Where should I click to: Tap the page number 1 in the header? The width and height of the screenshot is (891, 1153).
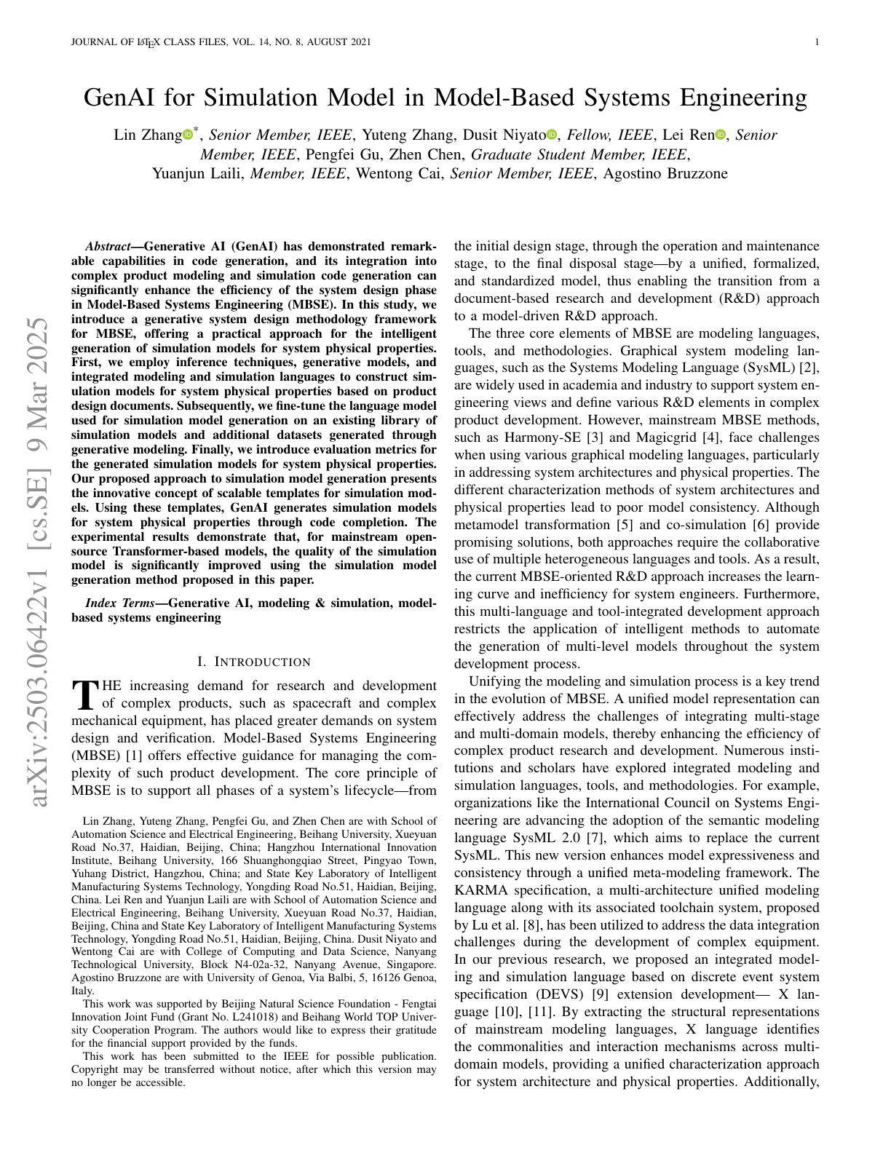pyautogui.click(x=817, y=42)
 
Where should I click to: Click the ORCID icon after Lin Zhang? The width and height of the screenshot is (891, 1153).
pyautogui.click(x=188, y=135)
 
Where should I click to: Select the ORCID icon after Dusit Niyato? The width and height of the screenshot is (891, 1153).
pyautogui.click(x=551, y=135)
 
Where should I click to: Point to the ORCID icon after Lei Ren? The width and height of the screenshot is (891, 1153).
pyautogui.click(x=721, y=135)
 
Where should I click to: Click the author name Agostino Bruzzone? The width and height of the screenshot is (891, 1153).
pyautogui.click(x=666, y=174)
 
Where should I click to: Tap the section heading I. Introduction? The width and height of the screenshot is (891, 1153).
pyautogui.click(x=254, y=662)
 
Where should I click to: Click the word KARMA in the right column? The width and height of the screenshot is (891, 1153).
pyautogui.click(x=480, y=890)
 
